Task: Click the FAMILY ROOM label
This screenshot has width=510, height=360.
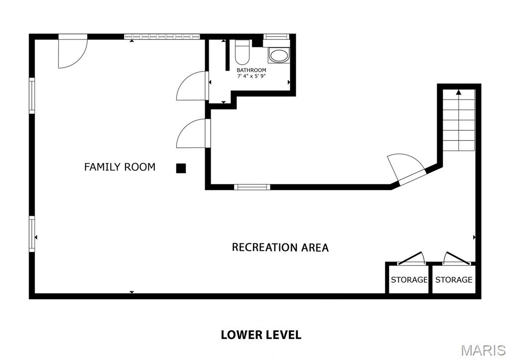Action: [x=120, y=167]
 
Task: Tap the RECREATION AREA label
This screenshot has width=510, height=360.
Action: [x=280, y=247]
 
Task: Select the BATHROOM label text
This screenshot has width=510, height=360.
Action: [x=251, y=70]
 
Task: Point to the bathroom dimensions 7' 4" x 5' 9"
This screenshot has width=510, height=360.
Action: [x=251, y=76]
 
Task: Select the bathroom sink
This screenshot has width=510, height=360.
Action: [x=278, y=55]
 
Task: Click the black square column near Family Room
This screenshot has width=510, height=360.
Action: [x=181, y=168]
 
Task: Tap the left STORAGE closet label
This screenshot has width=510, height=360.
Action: [x=409, y=280]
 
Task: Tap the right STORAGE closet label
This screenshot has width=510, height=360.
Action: [x=454, y=280]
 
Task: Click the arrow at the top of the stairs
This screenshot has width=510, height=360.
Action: [x=458, y=92]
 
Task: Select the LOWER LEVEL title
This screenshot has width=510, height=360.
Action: [x=261, y=335]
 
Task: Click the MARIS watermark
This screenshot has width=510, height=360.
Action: [x=484, y=350]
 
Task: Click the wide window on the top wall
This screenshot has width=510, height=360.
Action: [x=162, y=36]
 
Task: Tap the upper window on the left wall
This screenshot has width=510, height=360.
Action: [x=32, y=96]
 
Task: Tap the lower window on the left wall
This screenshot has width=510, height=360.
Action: [x=32, y=234]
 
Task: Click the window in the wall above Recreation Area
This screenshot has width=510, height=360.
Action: [x=252, y=187]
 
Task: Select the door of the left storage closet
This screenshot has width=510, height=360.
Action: [x=410, y=258]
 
